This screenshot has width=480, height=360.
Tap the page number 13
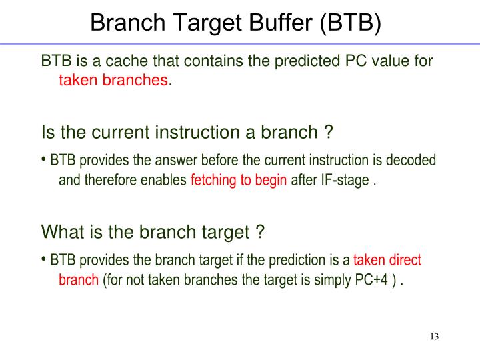pos(434,336)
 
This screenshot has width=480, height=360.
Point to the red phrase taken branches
pos(113,81)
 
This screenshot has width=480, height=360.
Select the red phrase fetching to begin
pos(239,180)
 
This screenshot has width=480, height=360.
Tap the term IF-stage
pos(341,180)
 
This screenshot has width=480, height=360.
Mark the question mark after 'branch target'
pos(260,232)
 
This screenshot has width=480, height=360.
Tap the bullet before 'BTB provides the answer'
pos(44,160)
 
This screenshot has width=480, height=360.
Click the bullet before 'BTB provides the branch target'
pos(44,259)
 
